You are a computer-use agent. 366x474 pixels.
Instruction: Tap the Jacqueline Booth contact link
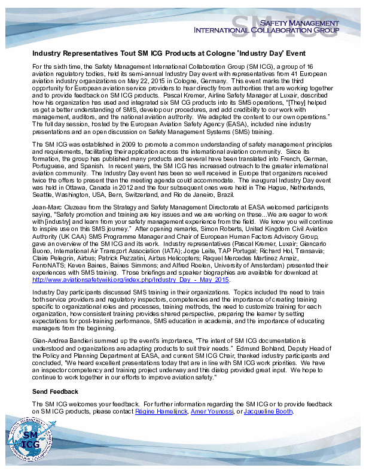268,412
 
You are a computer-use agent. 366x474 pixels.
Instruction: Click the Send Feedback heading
55,391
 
